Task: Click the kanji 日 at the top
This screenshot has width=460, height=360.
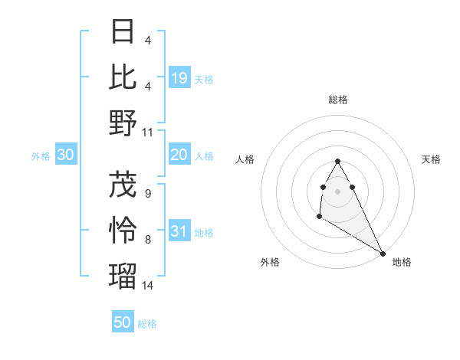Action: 123,31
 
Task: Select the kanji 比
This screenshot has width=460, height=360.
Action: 123,77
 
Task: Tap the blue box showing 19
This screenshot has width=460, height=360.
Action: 179,78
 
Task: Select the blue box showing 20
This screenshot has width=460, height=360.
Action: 179,155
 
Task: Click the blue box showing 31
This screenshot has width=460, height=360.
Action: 179,232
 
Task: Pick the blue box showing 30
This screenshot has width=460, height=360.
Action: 65,155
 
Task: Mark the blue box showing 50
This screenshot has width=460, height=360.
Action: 123,322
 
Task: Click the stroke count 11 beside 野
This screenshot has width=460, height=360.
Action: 148,133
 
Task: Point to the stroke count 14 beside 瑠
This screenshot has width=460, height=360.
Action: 148,286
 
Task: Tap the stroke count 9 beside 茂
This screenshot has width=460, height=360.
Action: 148,194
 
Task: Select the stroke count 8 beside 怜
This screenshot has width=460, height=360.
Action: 148,240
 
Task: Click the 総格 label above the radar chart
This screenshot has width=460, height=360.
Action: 338,100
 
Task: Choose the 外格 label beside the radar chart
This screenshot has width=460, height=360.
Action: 270,262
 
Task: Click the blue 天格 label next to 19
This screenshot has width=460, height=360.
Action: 204,79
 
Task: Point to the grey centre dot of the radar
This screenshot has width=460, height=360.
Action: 338,191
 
